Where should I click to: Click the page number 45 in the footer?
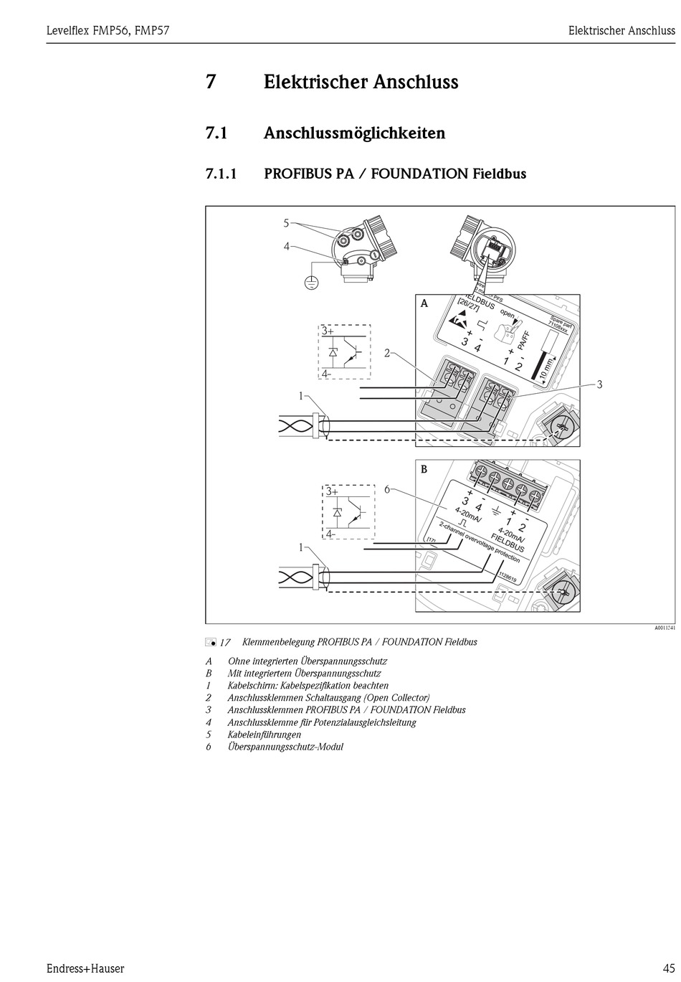[668, 968]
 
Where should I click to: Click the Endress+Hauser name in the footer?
[86, 968]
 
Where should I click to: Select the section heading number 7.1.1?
[221, 174]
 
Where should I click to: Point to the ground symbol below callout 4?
[310, 280]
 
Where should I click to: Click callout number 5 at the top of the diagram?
[285, 223]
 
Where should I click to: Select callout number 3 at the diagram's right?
[599, 384]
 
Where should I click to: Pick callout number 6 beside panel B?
[386, 489]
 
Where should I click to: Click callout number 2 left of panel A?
[387, 353]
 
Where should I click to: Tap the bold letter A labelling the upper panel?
[424, 303]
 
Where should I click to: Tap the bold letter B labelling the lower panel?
[424, 469]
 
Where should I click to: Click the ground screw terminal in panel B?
[563, 592]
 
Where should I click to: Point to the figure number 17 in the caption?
[224, 643]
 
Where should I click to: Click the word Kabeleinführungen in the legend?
[265, 735]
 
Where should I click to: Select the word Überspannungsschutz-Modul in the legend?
[285, 747]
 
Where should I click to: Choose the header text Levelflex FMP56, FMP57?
[108, 30]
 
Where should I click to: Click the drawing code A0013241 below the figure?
[664, 628]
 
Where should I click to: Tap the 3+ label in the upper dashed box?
[328, 331]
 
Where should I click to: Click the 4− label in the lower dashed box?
[329, 534]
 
